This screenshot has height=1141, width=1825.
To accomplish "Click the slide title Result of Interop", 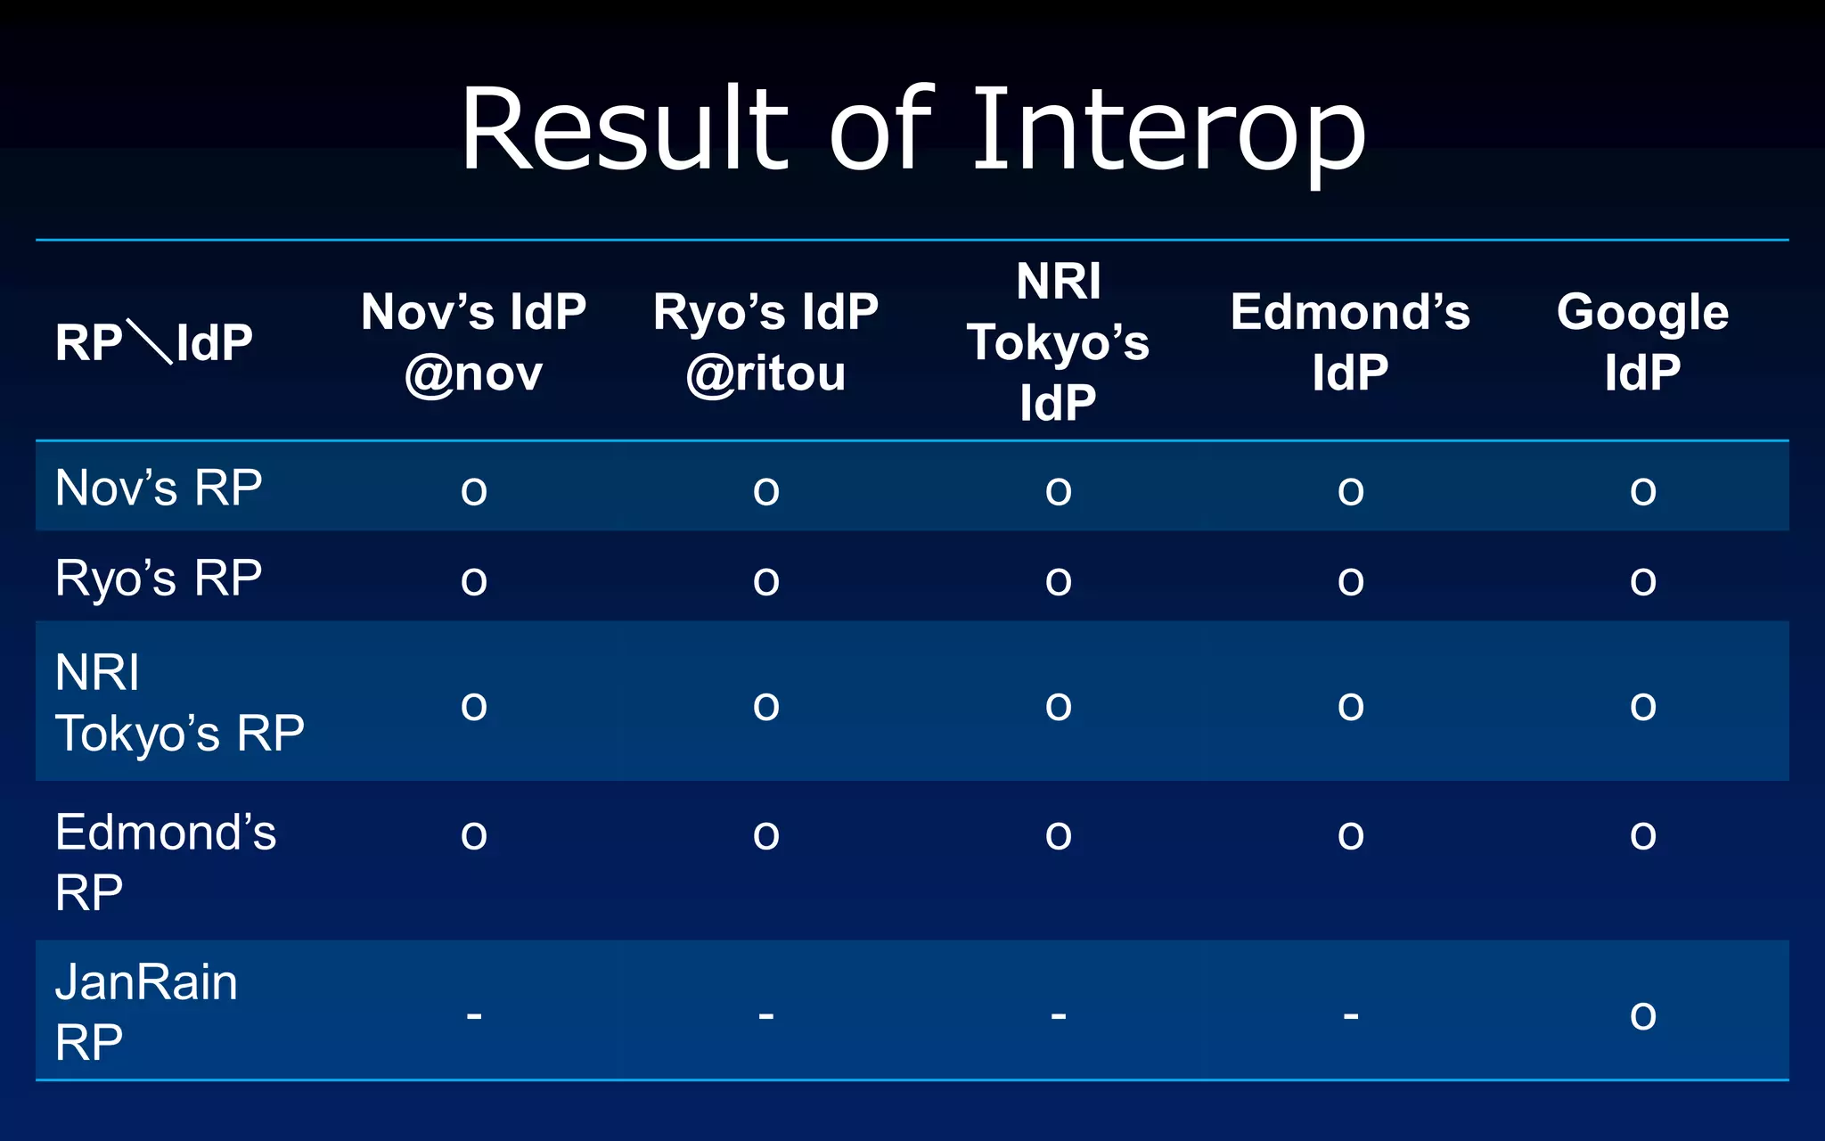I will click(912, 130).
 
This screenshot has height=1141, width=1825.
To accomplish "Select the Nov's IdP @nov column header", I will click(473, 342).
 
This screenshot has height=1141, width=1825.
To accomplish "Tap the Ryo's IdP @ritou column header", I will click(765, 342).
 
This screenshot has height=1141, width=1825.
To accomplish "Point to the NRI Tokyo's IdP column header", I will click(1058, 342).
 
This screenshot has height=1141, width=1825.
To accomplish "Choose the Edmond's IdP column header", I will click(1350, 342).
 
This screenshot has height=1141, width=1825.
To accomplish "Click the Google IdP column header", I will click(1642, 342).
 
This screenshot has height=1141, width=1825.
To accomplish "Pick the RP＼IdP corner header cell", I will click(154, 342).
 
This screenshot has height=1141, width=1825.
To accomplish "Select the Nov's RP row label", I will click(159, 488).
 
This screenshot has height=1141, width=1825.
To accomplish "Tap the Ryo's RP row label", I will click(159, 578).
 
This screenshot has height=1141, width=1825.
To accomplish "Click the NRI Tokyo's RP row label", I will click(178, 702).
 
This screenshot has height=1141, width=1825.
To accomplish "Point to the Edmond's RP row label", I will click(165, 861).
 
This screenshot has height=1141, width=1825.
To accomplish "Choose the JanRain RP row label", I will click(146, 1012).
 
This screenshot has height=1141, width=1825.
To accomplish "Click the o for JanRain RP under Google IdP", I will click(1642, 1015).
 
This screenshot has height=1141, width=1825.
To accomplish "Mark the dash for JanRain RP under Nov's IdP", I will click(474, 1014).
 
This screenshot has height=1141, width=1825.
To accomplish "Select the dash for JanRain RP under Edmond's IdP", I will click(1351, 1014).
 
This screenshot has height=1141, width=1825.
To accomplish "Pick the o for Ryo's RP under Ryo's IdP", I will click(765, 581).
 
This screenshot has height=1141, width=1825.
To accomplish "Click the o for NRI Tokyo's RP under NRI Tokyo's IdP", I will click(1058, 707).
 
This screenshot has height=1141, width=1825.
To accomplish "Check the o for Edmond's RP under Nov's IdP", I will click(473, 835).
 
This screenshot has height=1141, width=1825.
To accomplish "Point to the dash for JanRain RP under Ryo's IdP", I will click(766, 1014).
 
